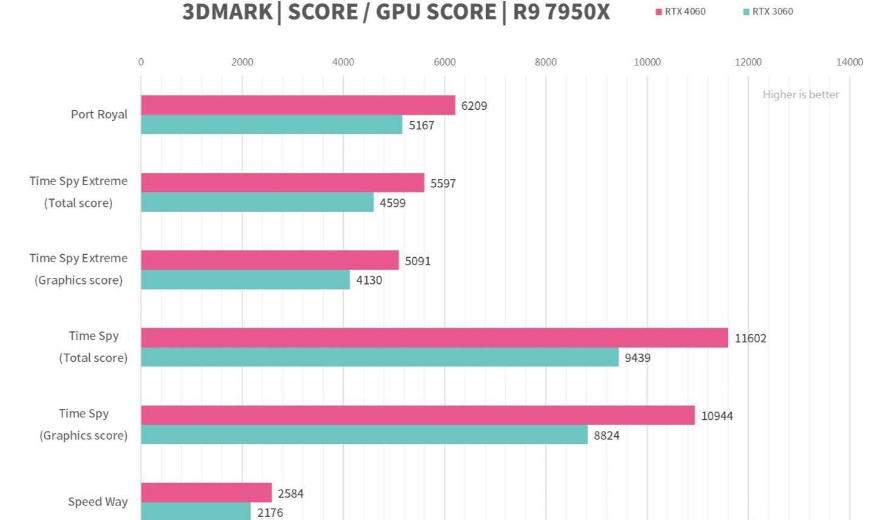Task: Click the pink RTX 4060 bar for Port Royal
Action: click(x=298, y=105)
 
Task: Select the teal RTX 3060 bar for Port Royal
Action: click(x=272, y=124)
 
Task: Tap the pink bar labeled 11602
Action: click(x=434, y=338)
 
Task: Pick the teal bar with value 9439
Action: click(x=379, y=357)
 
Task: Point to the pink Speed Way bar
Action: click(x=206, y=493)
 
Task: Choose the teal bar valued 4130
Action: click(x=245, y=280)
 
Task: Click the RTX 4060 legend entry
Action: click(x=681, y=12)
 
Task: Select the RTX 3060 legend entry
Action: click(x=768, y=12)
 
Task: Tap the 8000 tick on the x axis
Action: click(x=546, y=62)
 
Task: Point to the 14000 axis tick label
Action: click(x=849, y=62)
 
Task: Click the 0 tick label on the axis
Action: click(x=141, y=62)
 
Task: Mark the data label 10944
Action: click(x=717, y=416)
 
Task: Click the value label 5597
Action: click(x=443, y=183)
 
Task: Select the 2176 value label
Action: click(x=270, y=513)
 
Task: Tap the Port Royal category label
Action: click(x=99, y=114)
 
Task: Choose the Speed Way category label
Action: click(x=98, y=502)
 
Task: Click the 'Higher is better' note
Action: click(x=800, y=94)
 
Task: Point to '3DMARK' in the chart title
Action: click(x=227, y=12)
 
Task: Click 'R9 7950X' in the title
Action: click(x=561, y=12)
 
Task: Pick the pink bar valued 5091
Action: click(x=270, y=260)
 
